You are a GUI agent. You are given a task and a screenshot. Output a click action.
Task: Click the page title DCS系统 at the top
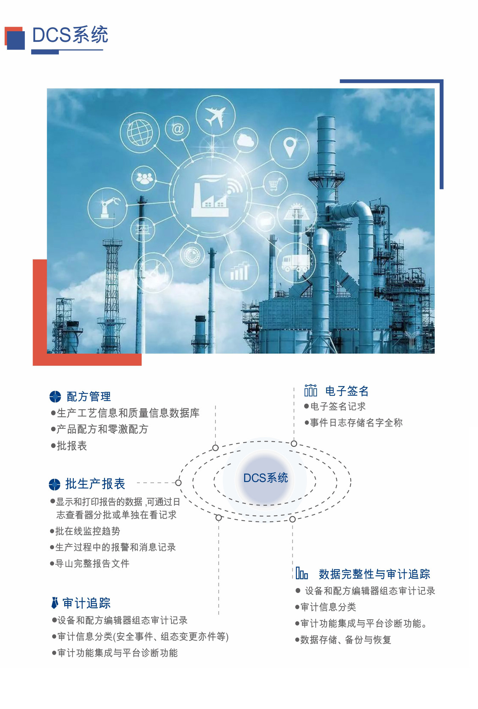pyautogui.click(x=70, y=35)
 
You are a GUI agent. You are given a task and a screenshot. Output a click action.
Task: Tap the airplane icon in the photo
pyautogui.click(x=215, y=116)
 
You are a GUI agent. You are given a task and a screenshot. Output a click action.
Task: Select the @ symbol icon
pyautogui.click(x=177, y=129)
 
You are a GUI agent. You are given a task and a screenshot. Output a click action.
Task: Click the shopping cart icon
pyautogui.click(x=274, y=184)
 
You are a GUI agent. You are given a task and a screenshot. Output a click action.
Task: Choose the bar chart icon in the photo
pyautogui.click(x=239, y=271)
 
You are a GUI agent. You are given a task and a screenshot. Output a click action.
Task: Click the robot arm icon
pyautogui.click(x=107, y=208)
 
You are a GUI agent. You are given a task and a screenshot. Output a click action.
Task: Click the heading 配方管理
pyautogui.click(x=89, y=397)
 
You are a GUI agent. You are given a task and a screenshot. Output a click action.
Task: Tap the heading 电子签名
pyautogui.click(x=347, y=391)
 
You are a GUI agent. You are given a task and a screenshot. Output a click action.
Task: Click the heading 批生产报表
pyautogui.click(x=95, y=484)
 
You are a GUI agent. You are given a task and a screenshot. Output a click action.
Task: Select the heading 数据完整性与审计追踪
pyautogui.click(x=374, y=574)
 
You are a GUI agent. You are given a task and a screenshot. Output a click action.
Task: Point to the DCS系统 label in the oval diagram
pyautogui.click(x=265, y=478)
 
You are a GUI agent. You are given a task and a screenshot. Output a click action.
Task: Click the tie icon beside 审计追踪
pyautogui.click(x=55, y=603)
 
